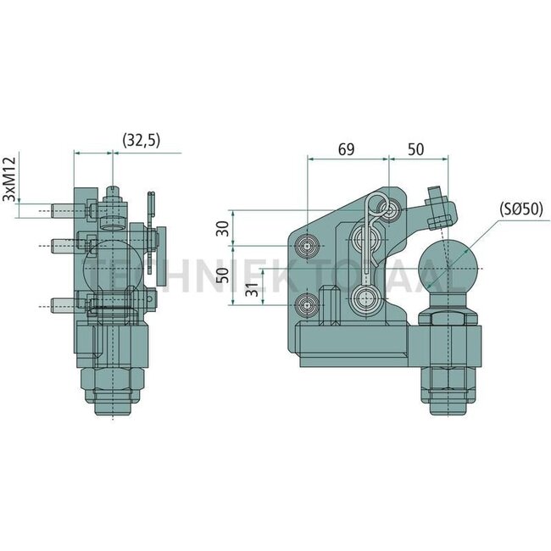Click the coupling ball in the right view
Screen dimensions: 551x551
448,267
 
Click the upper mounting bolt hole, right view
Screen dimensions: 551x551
307,246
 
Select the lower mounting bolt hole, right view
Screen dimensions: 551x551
307,303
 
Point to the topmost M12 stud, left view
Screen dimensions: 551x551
64,208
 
